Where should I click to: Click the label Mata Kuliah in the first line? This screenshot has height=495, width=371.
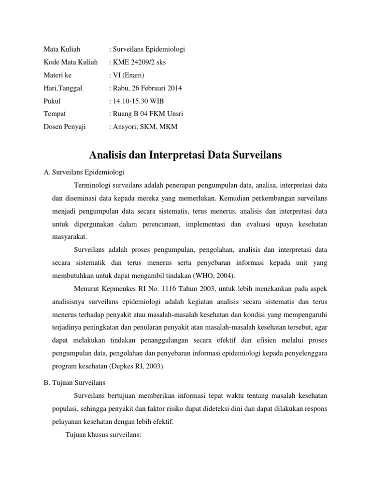(x=62, y=49)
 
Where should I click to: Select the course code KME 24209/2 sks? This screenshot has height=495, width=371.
(x=140, y=62)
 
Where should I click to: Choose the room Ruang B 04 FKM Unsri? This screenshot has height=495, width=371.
(x=148, y=114)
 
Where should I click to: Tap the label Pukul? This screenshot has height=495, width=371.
(x=52, y=102)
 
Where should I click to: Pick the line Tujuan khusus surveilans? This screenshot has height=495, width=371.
(x=103, y=435)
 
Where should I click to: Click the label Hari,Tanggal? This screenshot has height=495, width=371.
(x=63, y=88)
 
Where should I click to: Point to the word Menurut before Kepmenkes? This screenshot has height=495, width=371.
(x=87, y=289)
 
